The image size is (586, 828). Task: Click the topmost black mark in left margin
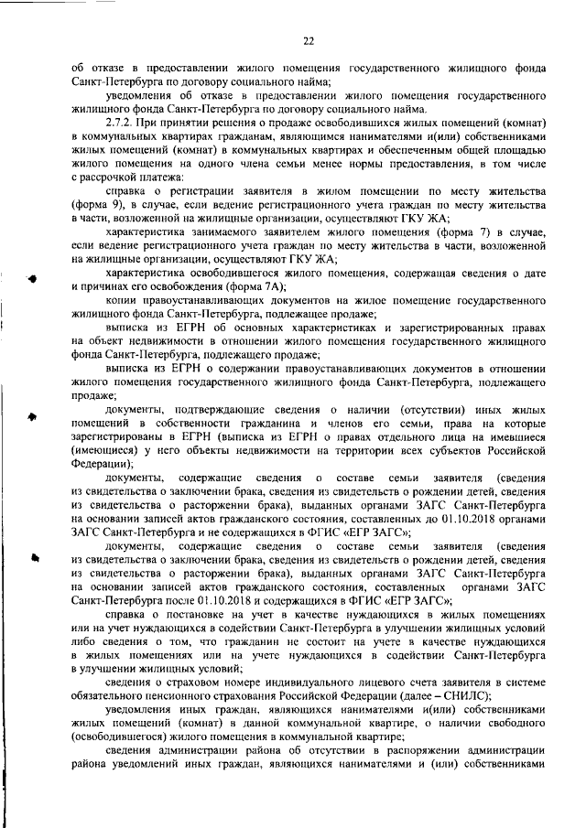pos(32,278)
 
